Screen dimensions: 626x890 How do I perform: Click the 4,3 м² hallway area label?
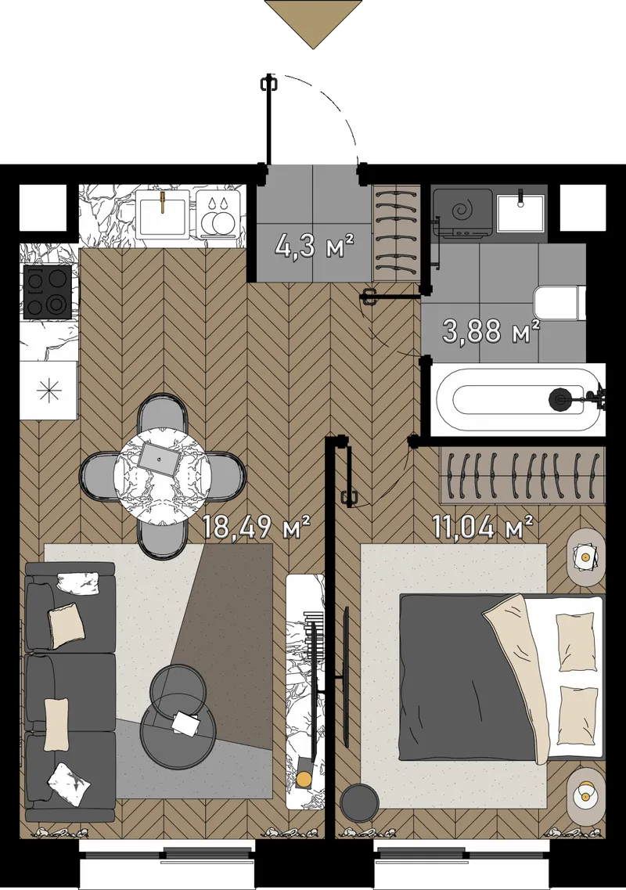(314, 247)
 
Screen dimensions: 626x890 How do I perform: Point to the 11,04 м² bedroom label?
(483, 528)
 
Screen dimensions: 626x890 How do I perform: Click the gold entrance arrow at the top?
(313, 23)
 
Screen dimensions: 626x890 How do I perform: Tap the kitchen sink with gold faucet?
(162, 212)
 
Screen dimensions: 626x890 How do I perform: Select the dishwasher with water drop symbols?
(219, 213)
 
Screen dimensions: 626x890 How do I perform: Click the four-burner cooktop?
(47, 292)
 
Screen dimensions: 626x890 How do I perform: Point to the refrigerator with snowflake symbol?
(48, 390)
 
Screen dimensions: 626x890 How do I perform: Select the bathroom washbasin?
(520, 212)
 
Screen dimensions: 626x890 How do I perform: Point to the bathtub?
(517, 399)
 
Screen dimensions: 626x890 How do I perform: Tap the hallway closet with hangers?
(397, 232)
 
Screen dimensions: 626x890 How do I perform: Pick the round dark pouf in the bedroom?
(360, 802)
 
